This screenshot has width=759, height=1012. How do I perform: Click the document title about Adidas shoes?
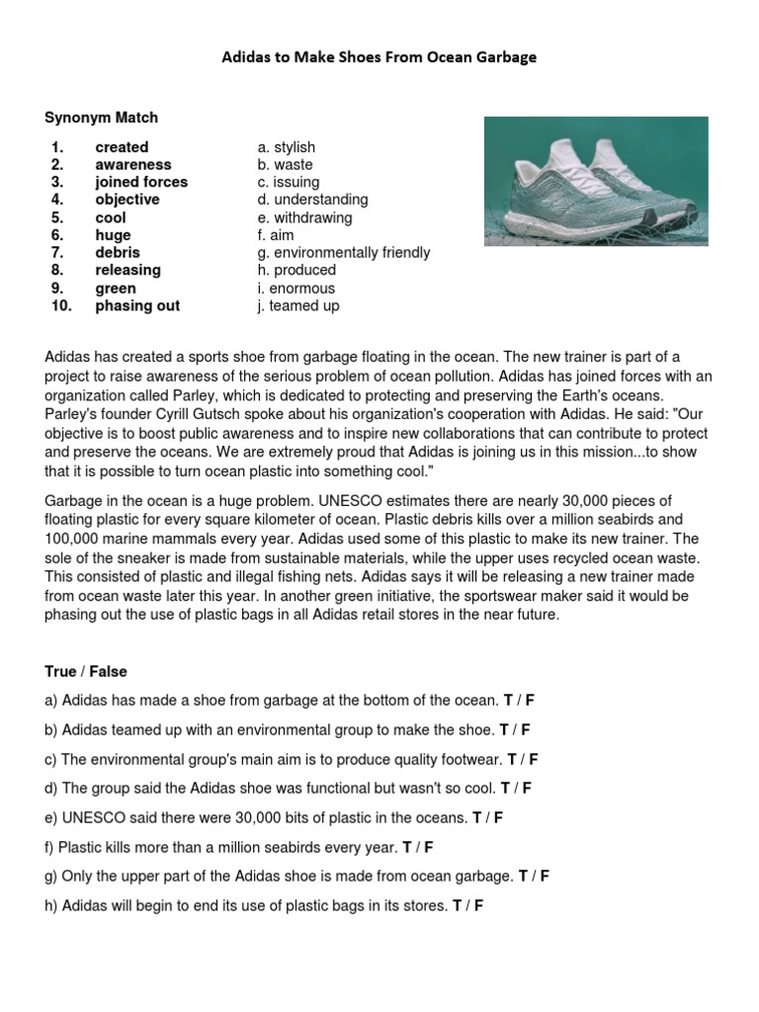point(379,57)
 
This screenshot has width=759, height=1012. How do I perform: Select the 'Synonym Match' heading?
point(101,118)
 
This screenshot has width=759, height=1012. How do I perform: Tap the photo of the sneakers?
point(595,181)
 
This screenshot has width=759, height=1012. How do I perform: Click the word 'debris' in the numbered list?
point(117,253)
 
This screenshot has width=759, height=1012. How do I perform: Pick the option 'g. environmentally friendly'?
point(343,253)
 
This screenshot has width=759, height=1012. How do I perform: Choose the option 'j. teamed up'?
point(297,306)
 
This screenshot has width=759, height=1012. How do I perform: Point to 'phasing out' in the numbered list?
point(137,306)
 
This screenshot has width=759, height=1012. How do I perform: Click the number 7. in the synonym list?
point(57,253)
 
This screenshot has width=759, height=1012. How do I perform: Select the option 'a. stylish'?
point(287,147)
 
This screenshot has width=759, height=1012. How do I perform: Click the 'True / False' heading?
point(87,672)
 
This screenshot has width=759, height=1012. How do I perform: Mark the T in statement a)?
point(508,701)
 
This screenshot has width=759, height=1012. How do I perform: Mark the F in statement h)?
point(478,905)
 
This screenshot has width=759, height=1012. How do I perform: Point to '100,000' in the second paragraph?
point(72,539)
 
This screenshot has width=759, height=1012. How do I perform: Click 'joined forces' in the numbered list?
point(140,182)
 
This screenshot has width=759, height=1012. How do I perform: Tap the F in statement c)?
point(534,759)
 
